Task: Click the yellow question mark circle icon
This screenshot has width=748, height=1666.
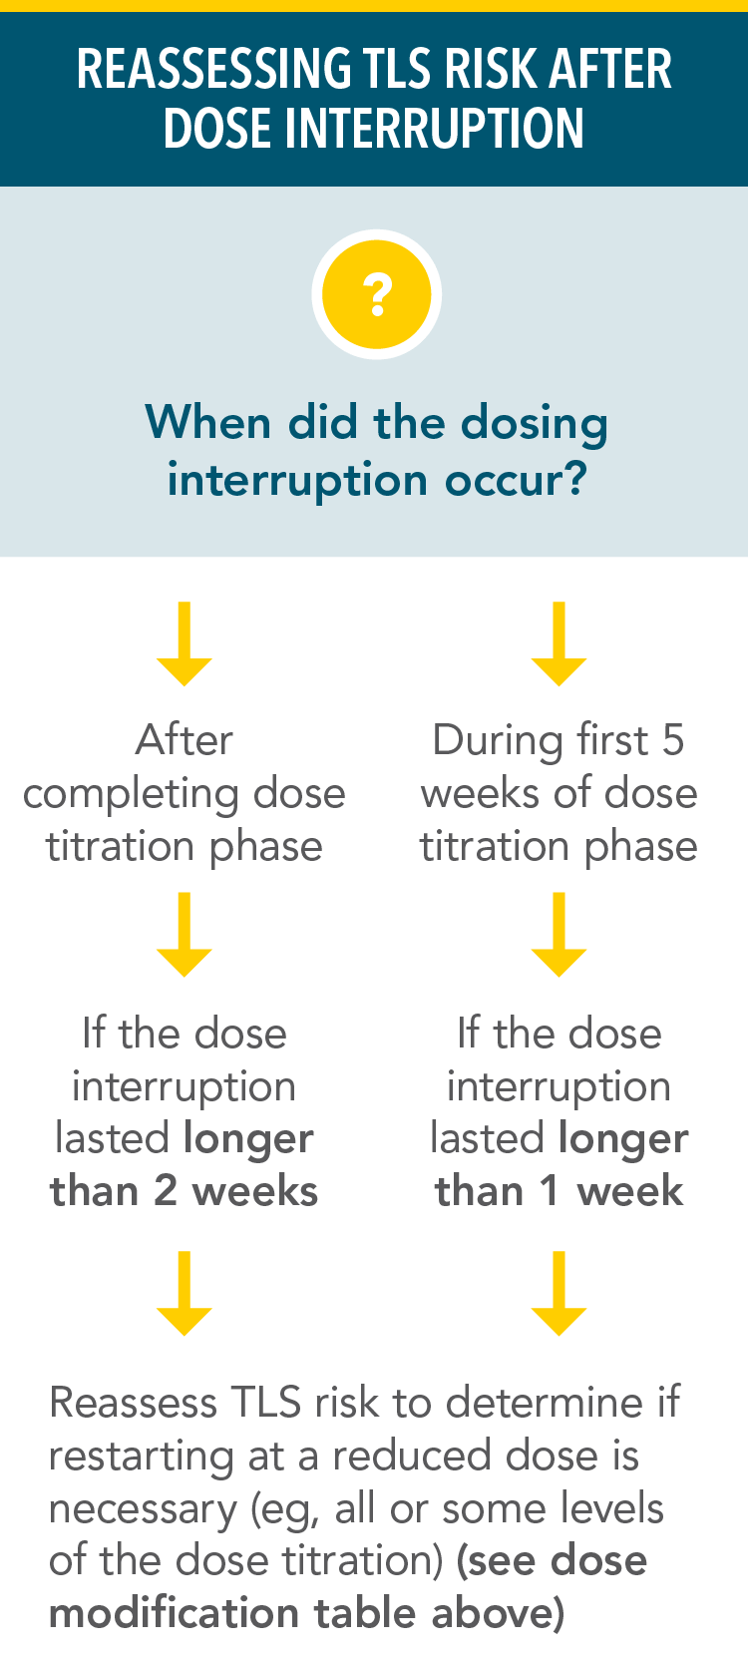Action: coord(376,295)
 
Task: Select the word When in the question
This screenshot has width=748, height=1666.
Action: coord(207,423)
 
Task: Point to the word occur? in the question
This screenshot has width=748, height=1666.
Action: coord(516,480)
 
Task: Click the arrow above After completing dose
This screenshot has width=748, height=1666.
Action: coord(185,643)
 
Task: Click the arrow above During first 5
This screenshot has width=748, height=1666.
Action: coord(559,643)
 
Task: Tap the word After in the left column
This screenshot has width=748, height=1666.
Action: coord(185,740)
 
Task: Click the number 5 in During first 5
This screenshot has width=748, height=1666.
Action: coord(673,740)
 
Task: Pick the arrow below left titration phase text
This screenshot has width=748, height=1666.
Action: coord(185,935)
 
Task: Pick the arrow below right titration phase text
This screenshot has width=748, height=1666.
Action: coord(559,935)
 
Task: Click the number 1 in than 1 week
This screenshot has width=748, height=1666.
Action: coord(548,1191)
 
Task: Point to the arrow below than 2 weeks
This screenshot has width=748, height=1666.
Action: coord(185,1293)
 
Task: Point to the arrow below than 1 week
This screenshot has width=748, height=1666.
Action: coord(559,1293)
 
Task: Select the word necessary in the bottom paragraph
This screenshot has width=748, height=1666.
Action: coord(142,1509)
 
